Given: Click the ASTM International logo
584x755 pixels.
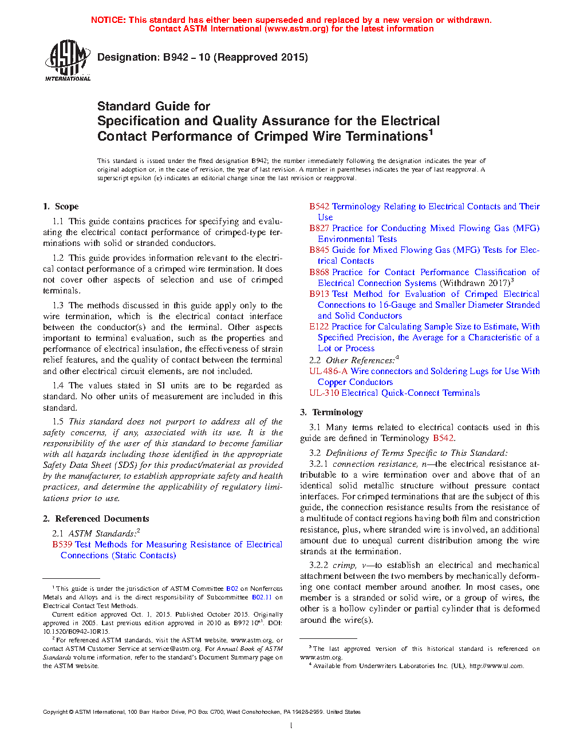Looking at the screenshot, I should click(x=67, y=60).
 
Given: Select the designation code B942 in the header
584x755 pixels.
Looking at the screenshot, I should click(x=176, y=57).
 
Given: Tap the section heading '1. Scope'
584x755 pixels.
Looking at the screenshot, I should click(x=61, y=206).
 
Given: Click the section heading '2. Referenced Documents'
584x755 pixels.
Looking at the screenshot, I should click(x=96, y=519).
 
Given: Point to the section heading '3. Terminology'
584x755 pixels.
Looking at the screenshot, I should click(x=332, y=412).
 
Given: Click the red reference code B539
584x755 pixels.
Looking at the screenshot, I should click(x=62, y=545).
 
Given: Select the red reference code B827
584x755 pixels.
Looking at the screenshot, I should click(x=319, y=228).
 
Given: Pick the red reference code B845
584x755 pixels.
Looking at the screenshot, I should click(x=319, y=250).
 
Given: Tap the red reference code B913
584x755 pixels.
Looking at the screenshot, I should click(x=319, y=294).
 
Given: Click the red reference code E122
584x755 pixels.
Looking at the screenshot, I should click(x=319, y=327).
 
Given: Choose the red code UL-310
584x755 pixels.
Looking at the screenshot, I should click(x=324, y=393).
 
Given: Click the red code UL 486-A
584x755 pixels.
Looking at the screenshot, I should click(x=328, y=371).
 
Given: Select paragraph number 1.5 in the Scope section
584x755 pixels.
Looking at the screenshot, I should click(x=58, y=422).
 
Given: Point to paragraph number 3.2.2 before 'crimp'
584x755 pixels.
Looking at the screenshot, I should click(x=318, y=565).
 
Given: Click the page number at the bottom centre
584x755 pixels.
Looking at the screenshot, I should click(x=291, y=726).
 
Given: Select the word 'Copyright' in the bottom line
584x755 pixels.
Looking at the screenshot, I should click(x=55, y=712).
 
